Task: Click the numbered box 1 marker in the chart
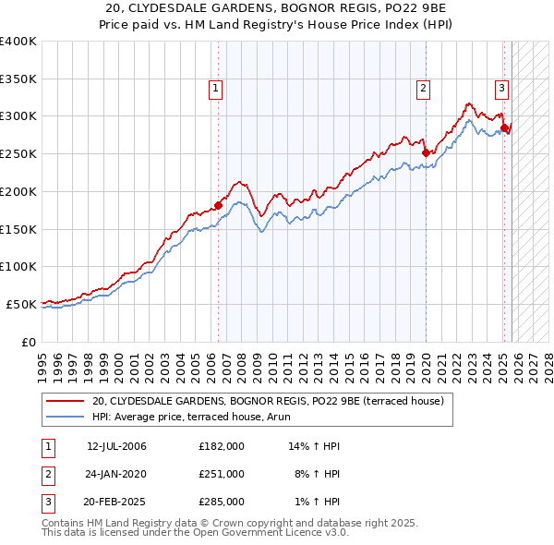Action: (x=215, y=89)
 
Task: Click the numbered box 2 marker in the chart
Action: (x=423, y=89)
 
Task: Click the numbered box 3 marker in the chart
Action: (x=501, y=89)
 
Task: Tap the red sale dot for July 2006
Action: (x=219, y=205)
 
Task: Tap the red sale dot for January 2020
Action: (x=426, y=153)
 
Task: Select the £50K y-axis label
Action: (x=21, y=304)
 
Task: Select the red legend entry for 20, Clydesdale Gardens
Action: (x=268, y=401)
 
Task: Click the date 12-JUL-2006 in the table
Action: (x=116, y=446)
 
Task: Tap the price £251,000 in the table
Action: (x=222, y=474)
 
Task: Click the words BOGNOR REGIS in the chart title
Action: (x=283, y=8)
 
